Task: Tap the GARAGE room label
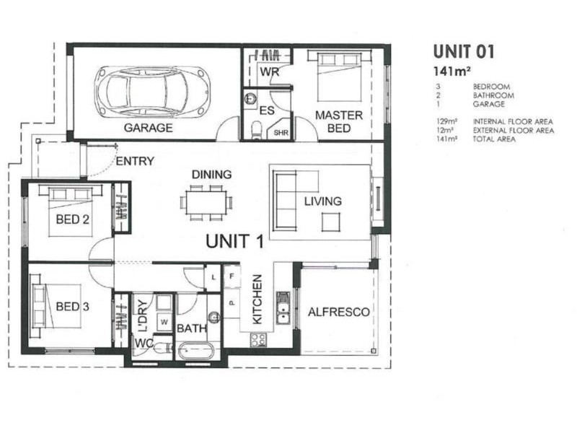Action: [148, 128]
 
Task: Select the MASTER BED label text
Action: [338, 121]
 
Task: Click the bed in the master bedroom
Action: [339, 76]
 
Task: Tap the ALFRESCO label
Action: [338, 312]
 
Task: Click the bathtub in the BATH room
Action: [196, 351]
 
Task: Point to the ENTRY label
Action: [135, 161]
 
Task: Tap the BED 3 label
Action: [72, 307]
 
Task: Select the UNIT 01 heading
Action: [463, 51]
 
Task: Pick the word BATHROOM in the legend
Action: [493, 95]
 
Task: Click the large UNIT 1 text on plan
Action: [234, 242]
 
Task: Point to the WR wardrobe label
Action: [268, 72]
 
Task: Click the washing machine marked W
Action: [164, 321]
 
